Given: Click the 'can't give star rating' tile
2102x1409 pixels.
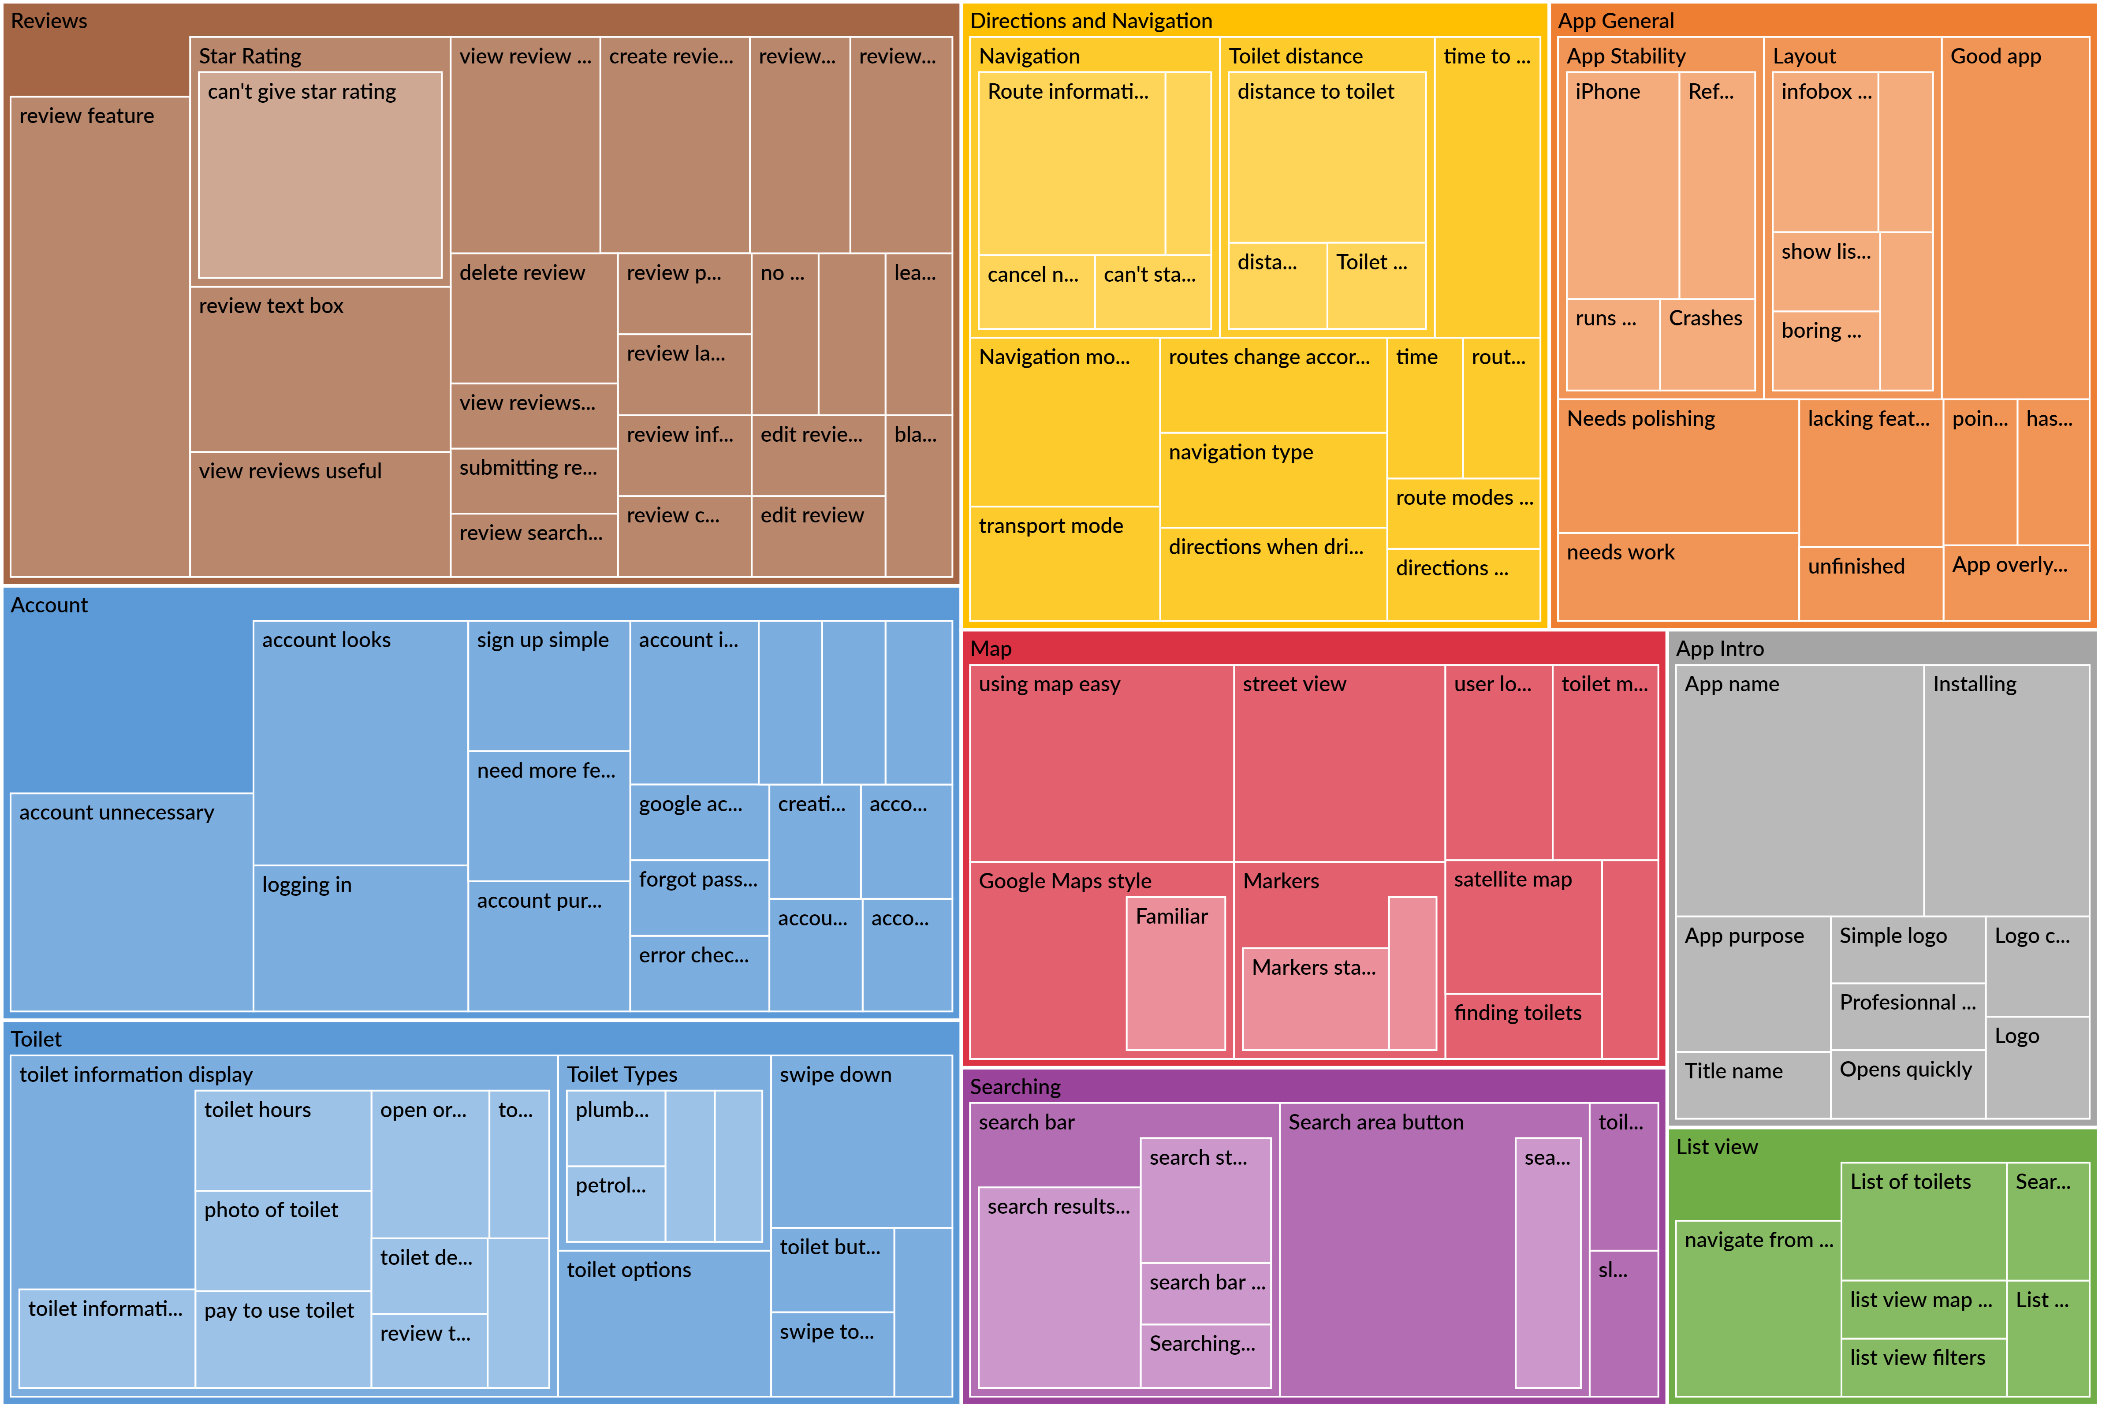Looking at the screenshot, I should point(320,175).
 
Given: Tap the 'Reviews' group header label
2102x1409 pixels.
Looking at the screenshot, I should point(49,21).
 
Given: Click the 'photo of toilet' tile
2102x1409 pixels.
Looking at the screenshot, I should point(282,1240).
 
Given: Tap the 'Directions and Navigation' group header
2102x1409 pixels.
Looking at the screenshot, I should point(1091,21).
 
